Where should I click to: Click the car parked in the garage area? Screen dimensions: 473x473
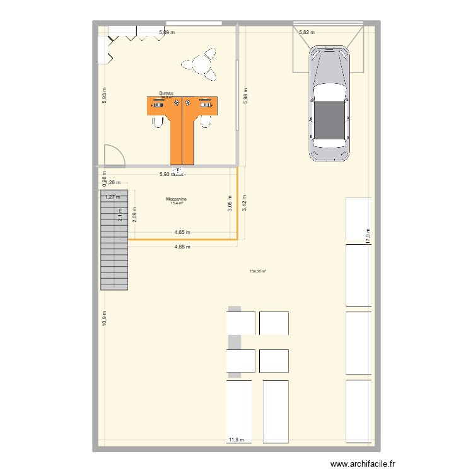329,104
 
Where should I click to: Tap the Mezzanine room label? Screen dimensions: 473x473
177,199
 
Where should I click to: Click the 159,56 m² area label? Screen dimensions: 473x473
258,272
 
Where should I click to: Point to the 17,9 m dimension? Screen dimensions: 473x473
366,235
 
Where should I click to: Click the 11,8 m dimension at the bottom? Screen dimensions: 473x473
237,440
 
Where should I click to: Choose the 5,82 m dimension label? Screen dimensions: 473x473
307,32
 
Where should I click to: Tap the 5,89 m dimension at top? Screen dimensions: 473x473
166,32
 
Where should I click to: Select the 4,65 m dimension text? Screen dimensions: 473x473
182,233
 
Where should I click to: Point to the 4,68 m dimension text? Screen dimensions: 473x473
182,247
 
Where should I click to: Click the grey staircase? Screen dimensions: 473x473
114,240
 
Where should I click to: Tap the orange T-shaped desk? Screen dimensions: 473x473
182,123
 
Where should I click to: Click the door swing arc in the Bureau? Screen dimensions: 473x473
114,155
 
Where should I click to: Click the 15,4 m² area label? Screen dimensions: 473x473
177,203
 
